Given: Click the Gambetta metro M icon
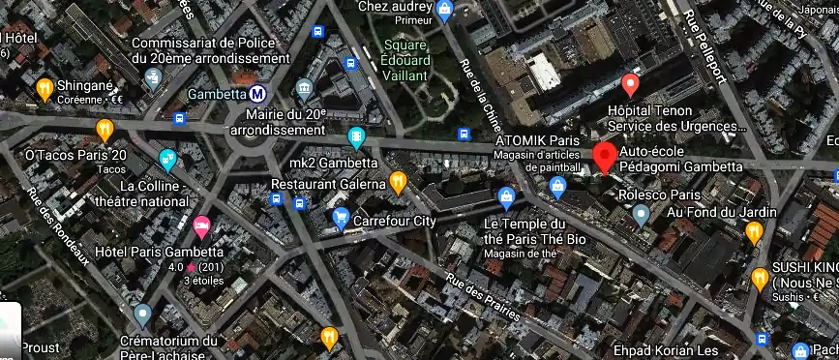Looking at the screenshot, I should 257,95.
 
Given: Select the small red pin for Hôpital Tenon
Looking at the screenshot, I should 630,85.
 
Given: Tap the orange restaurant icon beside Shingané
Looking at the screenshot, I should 44,89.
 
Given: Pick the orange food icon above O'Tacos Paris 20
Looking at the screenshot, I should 105,129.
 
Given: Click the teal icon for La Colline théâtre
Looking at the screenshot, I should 167,160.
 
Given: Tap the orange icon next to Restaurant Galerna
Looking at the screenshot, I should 398,182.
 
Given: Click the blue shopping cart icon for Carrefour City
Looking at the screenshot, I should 340,220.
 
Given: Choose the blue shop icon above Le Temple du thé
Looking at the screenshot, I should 505,197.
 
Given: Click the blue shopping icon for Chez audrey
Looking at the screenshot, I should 445,12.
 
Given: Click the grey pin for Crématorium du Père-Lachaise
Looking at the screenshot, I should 143,314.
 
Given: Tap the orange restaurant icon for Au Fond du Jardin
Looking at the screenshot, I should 754,231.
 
